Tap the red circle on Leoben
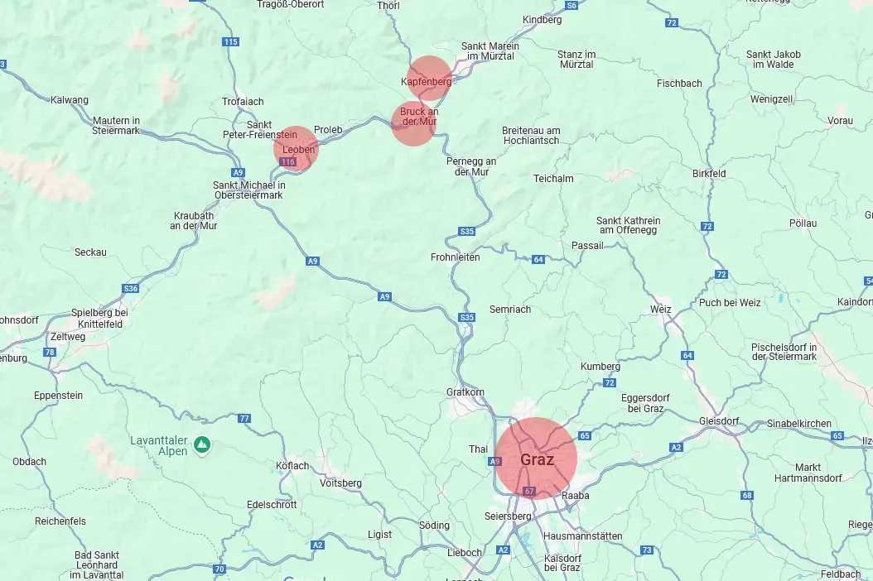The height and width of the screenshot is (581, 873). tap(296, 148)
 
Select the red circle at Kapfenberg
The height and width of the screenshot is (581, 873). tap(429, 79)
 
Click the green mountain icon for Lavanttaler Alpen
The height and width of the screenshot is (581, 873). tap(201, 446)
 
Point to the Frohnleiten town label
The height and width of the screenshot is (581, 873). tap(455, 257)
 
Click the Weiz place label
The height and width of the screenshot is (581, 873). tap(661, 309)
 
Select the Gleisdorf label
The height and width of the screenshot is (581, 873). tap(719, 420)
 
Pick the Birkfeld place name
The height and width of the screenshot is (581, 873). tap(709, 174)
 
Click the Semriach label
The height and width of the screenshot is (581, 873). tap(510, 309)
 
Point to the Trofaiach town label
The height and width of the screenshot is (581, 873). tap(243, 102)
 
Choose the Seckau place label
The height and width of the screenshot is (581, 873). tap(90, 252)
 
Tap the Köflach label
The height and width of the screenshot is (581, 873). tap(292, 466)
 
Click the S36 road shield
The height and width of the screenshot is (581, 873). tap(131, 288)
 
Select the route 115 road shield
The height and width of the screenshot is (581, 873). tap(230, 41)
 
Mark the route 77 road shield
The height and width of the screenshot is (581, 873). tap(244, 418)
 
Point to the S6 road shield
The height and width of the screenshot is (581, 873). tap(571, 5)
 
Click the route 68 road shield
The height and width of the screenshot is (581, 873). tap(747, 495)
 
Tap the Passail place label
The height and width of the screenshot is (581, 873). tap(587, 246)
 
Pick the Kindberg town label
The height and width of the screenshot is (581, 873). tap(543, 19)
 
